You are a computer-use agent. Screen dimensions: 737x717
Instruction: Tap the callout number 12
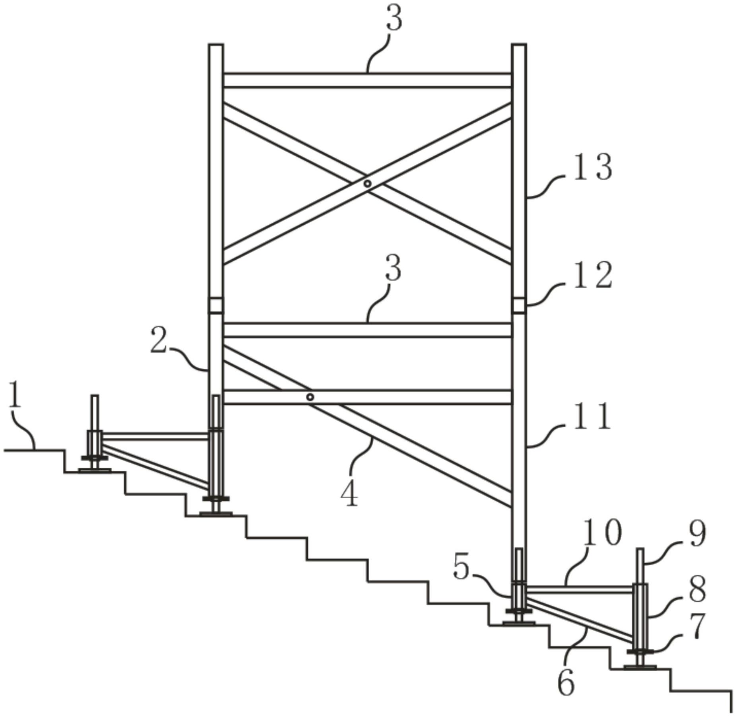[x=592, y=275]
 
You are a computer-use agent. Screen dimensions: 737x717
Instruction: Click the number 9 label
[x=697, y=534]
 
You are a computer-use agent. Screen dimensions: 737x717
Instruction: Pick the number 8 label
[x=697, y=589]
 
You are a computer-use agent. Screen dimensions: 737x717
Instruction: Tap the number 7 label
[x=697, y=626]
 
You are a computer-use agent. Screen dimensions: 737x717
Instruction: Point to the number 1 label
[x=15, y=394]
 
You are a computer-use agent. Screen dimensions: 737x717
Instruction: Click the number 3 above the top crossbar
[x=394, y=18]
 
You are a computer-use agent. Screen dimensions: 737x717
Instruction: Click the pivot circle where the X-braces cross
[x=368, y=183]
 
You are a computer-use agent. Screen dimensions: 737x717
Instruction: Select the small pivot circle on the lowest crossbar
[x=310, y=397]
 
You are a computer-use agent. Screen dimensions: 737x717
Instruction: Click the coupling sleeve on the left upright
[x=216, y=306]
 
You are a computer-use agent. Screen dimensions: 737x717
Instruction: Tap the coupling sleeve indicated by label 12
[x=519, y=306]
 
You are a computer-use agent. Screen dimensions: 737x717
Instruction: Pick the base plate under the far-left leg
[x=95, y=470]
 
